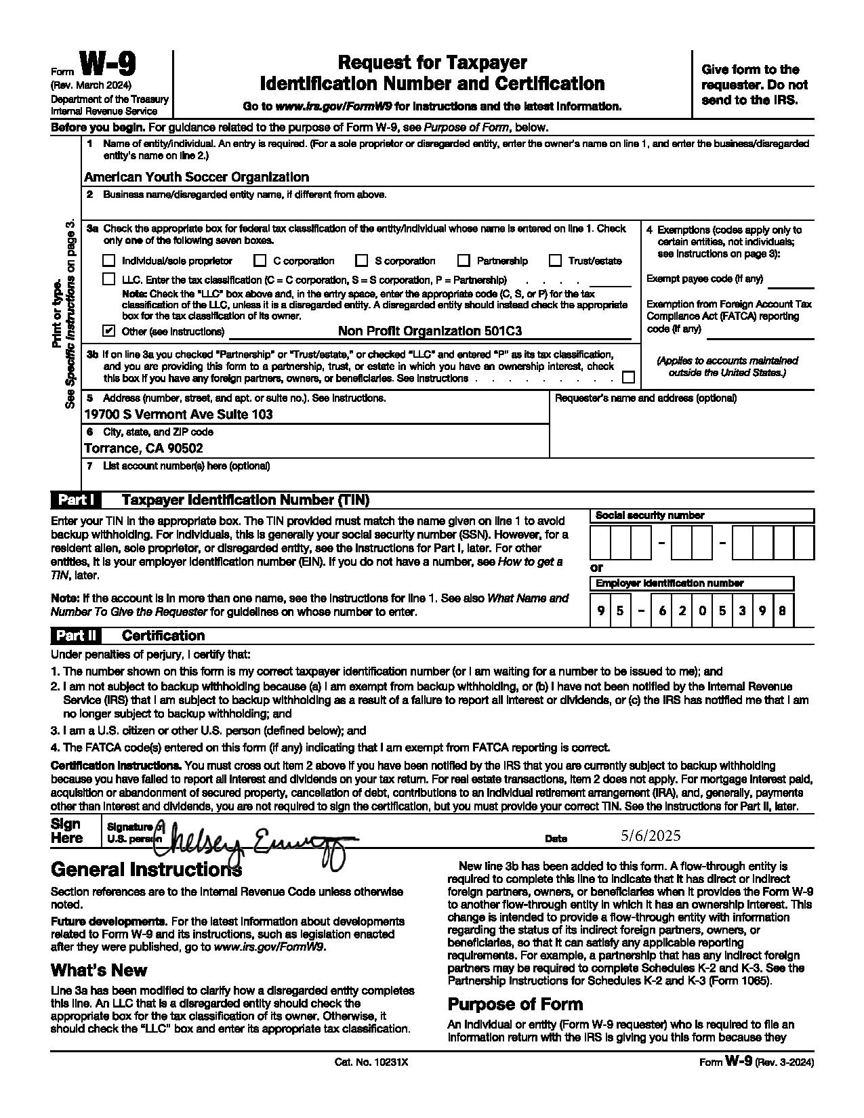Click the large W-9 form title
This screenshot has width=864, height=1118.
point(108,66)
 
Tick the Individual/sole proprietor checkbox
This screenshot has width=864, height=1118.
point(108,261)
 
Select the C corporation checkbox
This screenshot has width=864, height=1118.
point(260,261)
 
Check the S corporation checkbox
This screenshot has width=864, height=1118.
point(361,261)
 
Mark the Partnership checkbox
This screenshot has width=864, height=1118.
point(464,261)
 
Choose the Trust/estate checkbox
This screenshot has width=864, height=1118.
point(556,261)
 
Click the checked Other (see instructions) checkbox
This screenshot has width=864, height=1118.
point(108,331)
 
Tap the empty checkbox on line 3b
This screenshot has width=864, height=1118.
point(628,377)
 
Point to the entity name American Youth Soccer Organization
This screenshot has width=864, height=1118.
point(197,177)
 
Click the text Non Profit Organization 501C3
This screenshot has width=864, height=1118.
point(430,331)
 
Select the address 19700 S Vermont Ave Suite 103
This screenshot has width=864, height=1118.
point(178,414)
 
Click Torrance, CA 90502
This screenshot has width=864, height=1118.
point(144,448)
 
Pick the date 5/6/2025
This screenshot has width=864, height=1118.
point(651,836)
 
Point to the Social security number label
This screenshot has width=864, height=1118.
point(649,516)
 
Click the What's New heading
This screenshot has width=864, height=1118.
point(99,970)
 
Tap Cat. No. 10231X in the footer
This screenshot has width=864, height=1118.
point(371,1062)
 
